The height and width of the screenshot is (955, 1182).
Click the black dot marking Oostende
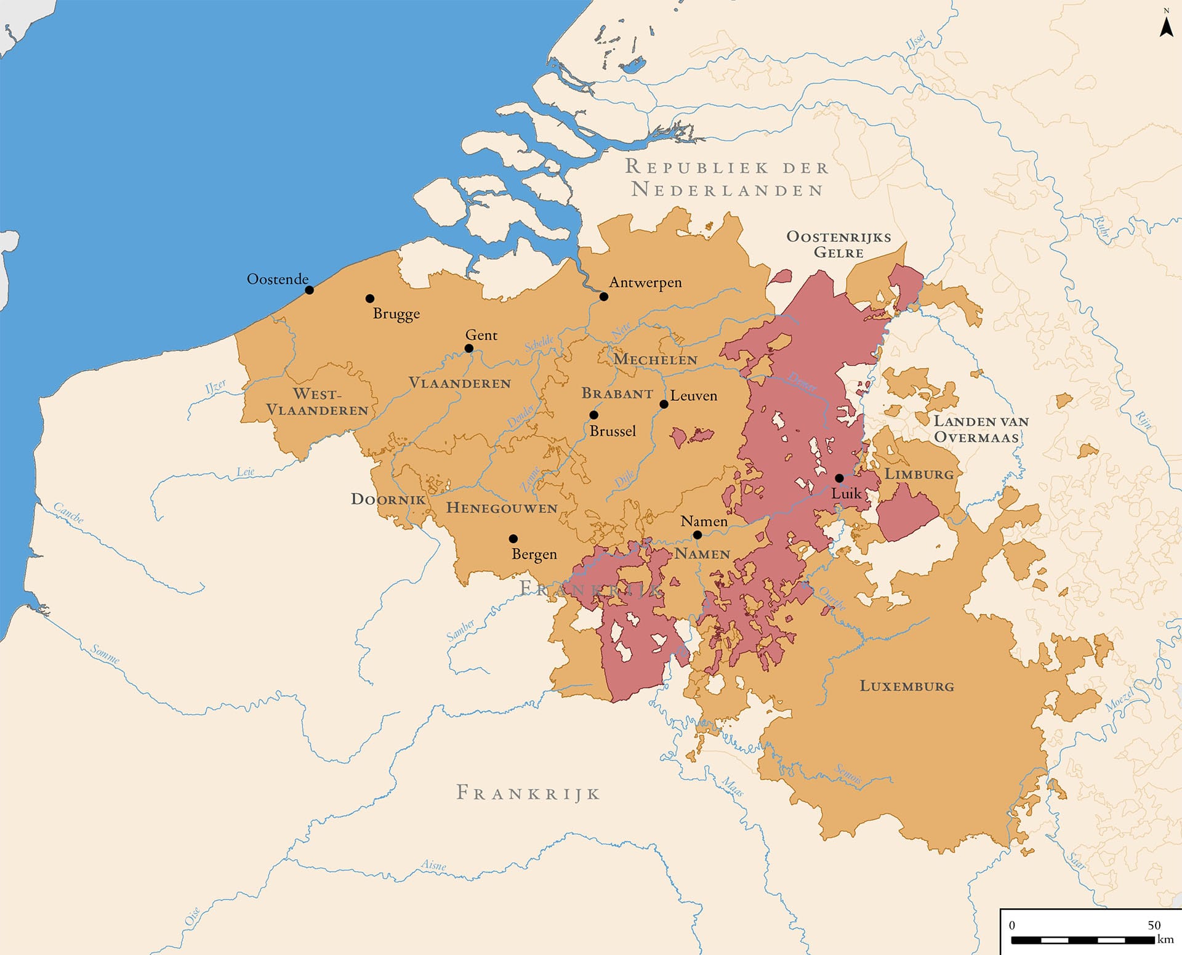click(310, 290)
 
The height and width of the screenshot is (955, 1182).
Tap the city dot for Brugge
click(370, 299)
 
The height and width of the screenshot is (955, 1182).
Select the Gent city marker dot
click(469, 349)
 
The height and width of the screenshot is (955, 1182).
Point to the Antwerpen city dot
click(604, 297)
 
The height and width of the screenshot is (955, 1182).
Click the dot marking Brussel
click(594, 415)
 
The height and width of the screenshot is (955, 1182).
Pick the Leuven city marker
click(664, 405)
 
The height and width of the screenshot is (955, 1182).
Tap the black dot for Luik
click(839, 478)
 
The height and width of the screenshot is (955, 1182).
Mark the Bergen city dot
click(513, 539)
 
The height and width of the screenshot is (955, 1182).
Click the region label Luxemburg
click(907, 686)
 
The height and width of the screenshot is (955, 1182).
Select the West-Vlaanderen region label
click(317, 402)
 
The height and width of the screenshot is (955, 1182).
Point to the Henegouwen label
click(502, 508)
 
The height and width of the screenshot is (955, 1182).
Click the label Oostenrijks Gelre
click(838, 244)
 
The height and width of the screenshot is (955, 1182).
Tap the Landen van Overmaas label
click(981, 429)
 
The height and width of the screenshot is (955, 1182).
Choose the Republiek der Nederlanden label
click(726, 178)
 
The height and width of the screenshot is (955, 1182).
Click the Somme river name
click(105, 654)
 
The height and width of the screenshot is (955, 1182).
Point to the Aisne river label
click(433, 865)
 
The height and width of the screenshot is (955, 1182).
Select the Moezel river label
click(1119, 701)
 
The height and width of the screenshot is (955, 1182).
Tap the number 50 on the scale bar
click(1154, 925)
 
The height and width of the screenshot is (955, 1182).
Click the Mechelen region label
click(655, 360)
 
